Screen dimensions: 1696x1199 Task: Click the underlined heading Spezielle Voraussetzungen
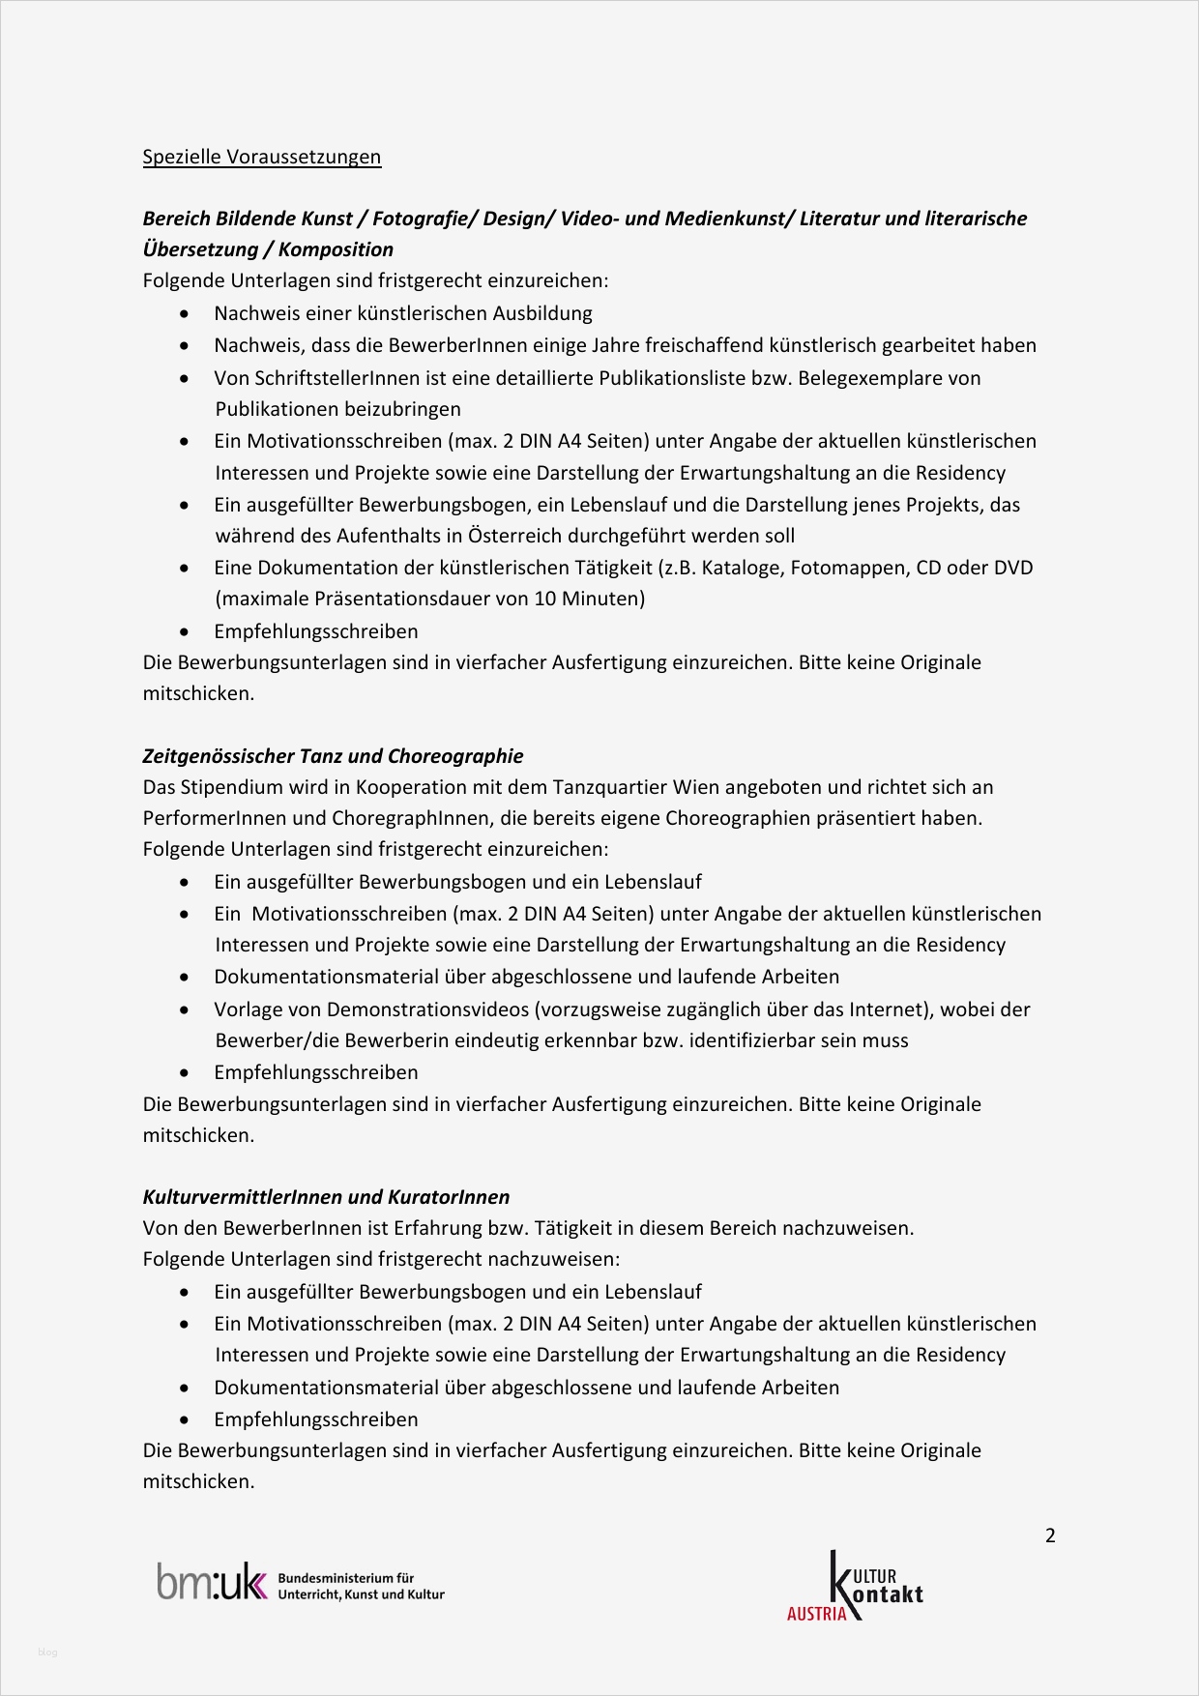click(x=261, y=157)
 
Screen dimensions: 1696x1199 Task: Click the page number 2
click(x=1050, y=1535)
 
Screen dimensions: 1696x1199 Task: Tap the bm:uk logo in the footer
click(x=211, y=1583)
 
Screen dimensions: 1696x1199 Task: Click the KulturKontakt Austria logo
click(x=856, y=1586)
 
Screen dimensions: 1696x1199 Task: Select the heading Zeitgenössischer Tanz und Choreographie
click(x=333, y=756)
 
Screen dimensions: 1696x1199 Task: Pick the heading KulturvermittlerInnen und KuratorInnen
click(x=326, y=1197)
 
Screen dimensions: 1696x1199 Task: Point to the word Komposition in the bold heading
click(x=336, y=249)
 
